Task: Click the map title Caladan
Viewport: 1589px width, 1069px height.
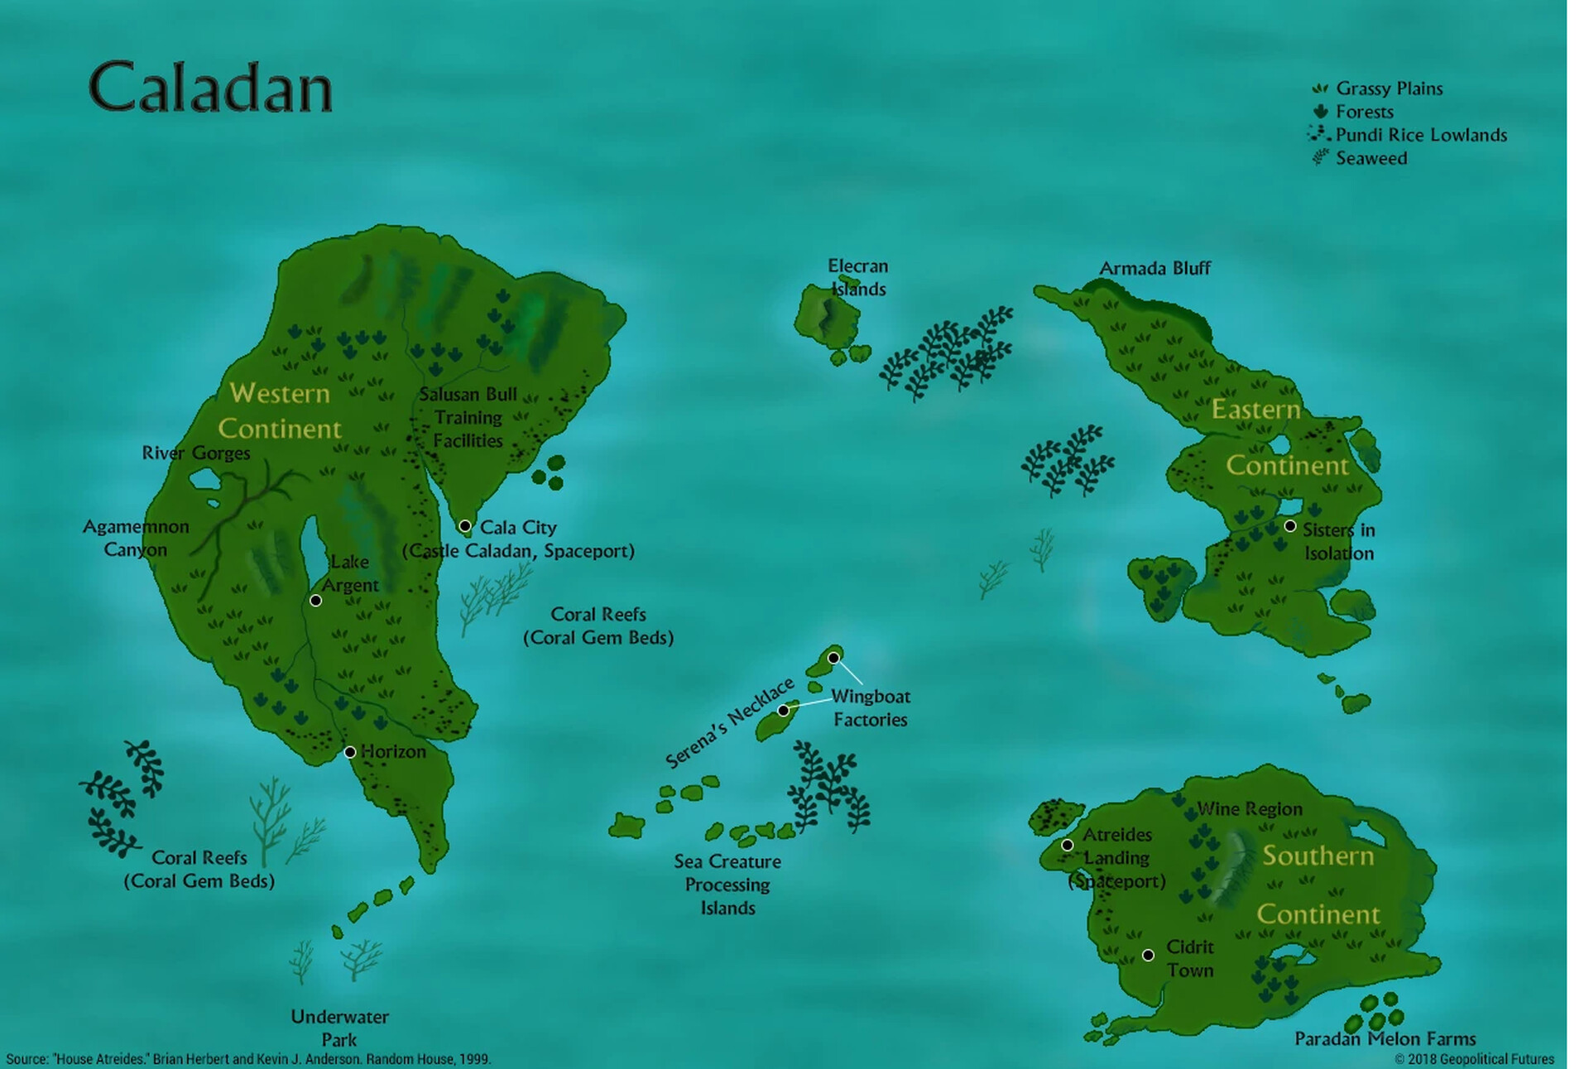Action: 210,87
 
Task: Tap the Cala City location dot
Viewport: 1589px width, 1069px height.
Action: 465,526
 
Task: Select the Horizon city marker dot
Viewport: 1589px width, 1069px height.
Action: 350,752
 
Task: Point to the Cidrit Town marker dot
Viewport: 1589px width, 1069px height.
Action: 1148,955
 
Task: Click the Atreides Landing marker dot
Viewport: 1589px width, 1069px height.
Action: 1068,845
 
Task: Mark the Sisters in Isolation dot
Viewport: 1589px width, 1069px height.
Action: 1289,526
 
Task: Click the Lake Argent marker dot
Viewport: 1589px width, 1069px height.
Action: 315,601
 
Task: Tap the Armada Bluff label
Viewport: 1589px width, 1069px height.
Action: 1155,268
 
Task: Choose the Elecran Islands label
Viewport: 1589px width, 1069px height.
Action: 858,277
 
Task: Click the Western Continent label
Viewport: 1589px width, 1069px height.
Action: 279,410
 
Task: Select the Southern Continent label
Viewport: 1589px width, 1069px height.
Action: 1318,884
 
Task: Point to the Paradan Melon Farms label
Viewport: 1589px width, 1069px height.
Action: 1385,1038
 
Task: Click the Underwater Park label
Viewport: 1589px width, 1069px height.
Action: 339,1028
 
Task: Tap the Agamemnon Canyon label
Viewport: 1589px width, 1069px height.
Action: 136,538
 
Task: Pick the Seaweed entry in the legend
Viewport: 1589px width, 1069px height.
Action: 1371,158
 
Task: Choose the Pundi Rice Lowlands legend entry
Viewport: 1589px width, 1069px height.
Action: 1420,135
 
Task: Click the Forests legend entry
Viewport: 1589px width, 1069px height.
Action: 1364,112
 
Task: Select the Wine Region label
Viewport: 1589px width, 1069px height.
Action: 1250,808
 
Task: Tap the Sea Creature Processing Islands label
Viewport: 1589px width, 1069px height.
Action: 727,884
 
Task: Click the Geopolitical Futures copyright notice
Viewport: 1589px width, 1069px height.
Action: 1474,1059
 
